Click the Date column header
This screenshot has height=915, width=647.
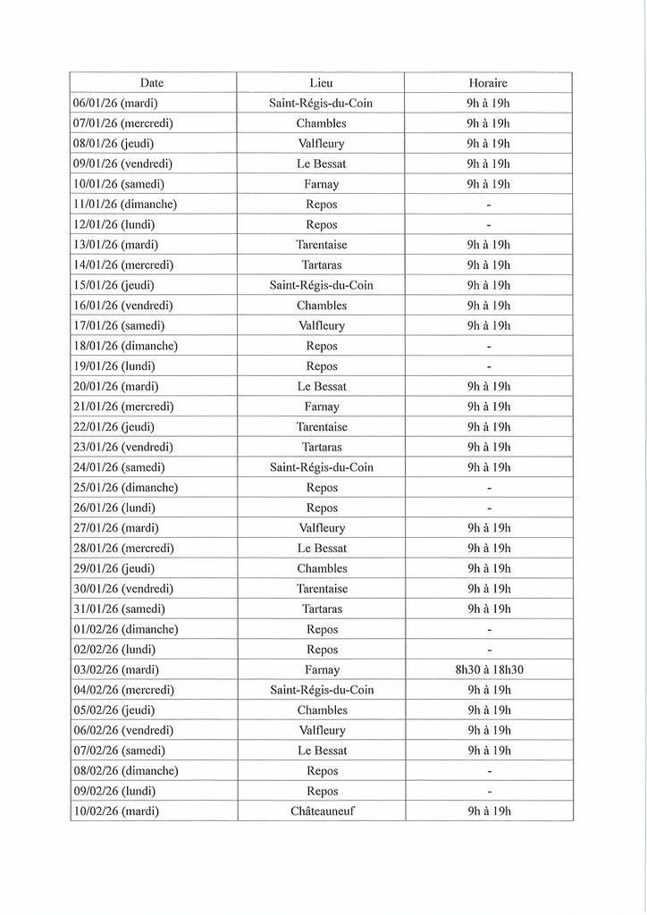152,83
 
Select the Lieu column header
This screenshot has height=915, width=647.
321,83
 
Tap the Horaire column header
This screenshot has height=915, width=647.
488,83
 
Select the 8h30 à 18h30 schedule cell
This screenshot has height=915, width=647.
488,669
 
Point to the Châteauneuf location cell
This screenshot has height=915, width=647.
321,811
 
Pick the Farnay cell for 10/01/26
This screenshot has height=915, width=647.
321,184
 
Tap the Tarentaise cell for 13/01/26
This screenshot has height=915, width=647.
321,245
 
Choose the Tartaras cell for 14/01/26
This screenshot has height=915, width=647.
321,265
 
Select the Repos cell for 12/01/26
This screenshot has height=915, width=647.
321,224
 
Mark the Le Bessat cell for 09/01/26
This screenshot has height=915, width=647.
321,164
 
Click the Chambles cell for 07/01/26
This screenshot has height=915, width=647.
321,123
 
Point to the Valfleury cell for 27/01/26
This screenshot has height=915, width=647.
321,528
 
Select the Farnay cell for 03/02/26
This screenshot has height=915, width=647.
321,669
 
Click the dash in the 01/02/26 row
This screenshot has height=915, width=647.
488,630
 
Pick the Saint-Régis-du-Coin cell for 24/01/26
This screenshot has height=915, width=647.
321,467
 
